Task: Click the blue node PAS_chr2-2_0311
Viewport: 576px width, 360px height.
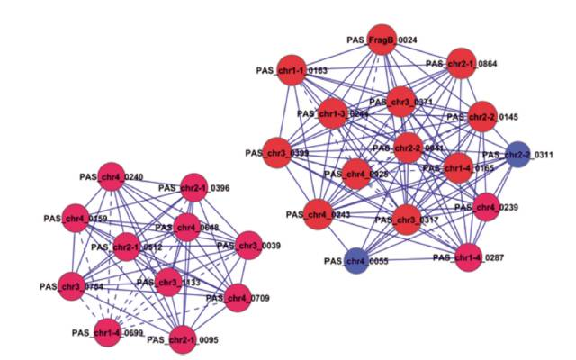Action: tap(518, 155)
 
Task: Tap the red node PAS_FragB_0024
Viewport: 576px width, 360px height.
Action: tap(381, 41)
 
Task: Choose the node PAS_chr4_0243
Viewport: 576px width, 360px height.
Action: tap(320, 214)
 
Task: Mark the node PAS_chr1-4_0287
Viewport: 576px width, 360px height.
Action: tap(470, 256)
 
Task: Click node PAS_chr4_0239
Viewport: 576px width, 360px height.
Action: tap(486, 206)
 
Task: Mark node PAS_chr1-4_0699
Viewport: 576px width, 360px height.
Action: tap(107, 330)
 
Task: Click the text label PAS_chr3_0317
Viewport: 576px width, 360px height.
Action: tap(407, 220)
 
